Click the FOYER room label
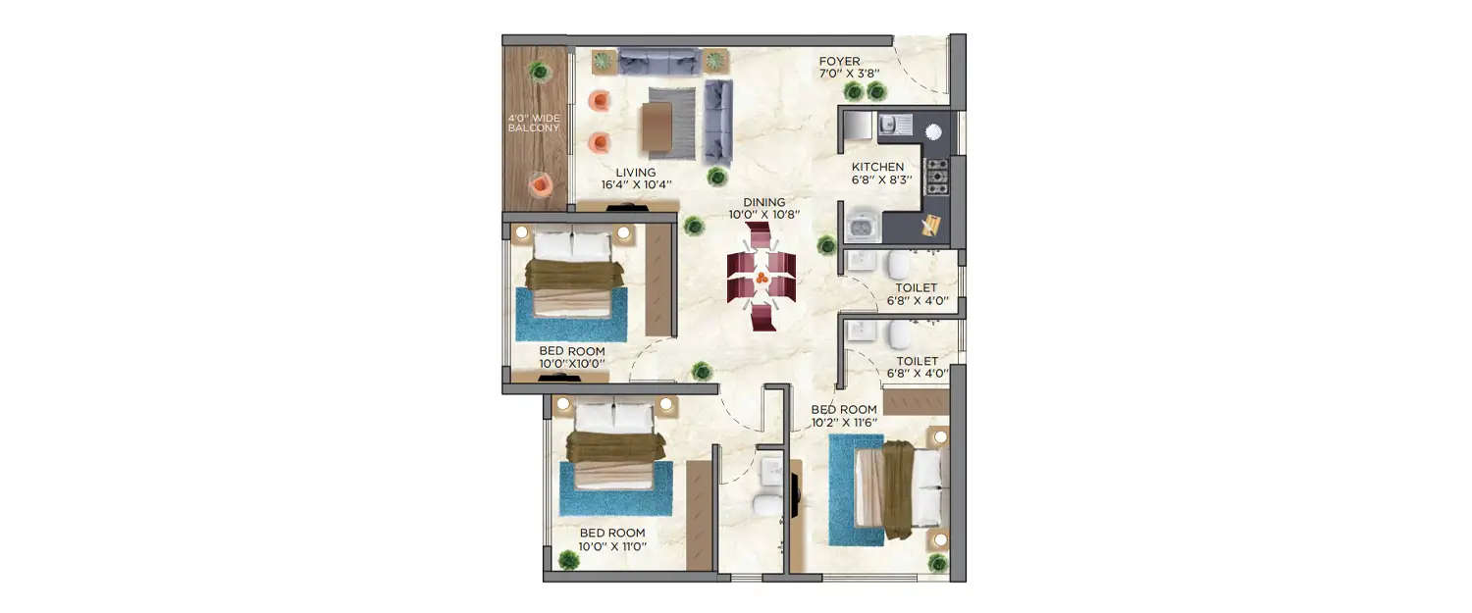pyautogui.click(x=839, y=61)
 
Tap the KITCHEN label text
pyautogui.click(x=877, y=167)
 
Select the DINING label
pyautogui.click(x=763, y=202)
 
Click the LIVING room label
pyautogui.click(x=635, y=173)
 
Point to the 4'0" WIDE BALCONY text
pyautogui.click(x=534, y=123)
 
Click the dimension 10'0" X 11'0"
pyautogui.click(x=612, y=547)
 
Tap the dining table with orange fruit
pyautogui.click(x=762, y=280)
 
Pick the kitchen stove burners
pyautogui.click(x=938, y=176)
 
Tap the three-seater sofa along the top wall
pyautogui.click(x=658, y=62)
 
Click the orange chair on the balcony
pyautogui.click(x=538, y=183)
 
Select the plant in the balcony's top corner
pyautogui.click(x=538, y=71)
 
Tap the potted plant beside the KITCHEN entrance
pyautogui.click(x=827, y=243)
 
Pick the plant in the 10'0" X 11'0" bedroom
pyautogui.click(x=568, y=560)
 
